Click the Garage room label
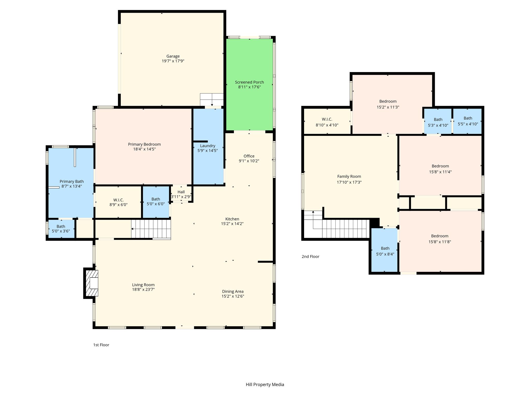[x=173, y=56]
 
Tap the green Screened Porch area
[x=249, y=84]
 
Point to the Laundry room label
[x=208, y=146]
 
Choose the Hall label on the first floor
[x=181, y=192]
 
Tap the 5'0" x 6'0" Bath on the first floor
[x=156, y=202]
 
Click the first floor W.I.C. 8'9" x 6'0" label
[x=119, y=202]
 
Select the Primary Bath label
[x=72, y=182]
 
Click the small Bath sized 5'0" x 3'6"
[x=61, y=229]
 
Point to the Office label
[x=249, y=156]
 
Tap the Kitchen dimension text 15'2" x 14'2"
[x=232, y=224]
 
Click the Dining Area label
[x=233, y=292]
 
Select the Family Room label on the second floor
[x=349, y=177]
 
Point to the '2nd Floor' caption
[x=311, y=257]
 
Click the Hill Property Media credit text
[x=265, y=385]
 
